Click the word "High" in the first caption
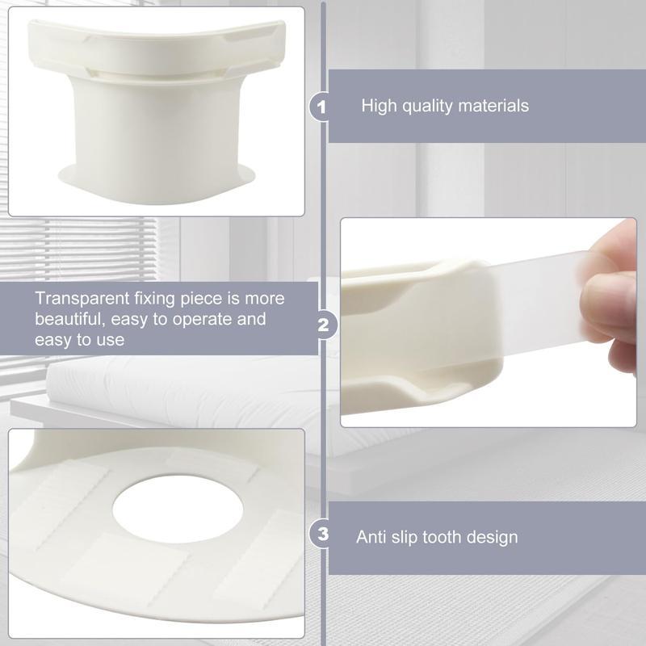378,106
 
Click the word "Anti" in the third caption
371,537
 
